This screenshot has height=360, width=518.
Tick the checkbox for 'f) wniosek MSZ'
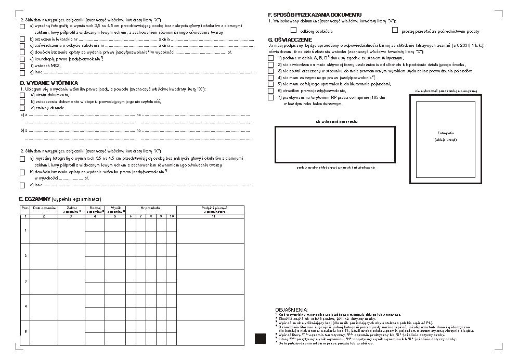click(x=22, y=66)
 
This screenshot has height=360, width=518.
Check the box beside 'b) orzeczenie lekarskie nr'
click(x=22, y=39)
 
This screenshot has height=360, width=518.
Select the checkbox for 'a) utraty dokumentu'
click(x=22, y=95)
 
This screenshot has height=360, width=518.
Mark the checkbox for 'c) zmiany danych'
click(x=22, y=108)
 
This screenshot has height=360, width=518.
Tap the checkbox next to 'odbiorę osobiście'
click(x=294, y=30)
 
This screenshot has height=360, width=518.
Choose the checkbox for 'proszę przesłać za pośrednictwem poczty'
click(x=395, y=30)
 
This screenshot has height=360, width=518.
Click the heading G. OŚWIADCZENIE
click(x=290, y=40)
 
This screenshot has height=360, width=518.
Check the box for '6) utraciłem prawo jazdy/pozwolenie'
click(x=271, y=91)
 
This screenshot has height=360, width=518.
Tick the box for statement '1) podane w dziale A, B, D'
click(x=271, y=58)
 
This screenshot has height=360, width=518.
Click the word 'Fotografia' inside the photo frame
click(x=446, y=133)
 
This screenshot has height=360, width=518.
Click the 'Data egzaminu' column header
click(x=45, y=209)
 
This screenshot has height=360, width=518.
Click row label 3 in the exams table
click(x=25, y=281)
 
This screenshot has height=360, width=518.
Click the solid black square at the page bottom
click(x=260, y=339)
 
